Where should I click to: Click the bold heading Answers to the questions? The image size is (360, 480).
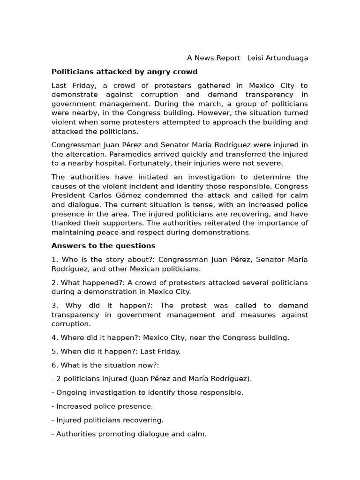point(103,246)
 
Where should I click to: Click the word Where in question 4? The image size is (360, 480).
point(71,337)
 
